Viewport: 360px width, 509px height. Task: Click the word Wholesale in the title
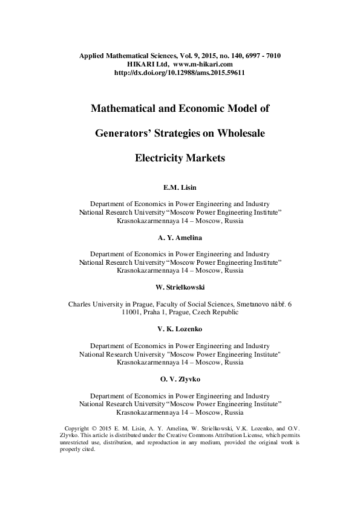coord(235,134)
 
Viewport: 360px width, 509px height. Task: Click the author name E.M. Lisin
coord(180,188)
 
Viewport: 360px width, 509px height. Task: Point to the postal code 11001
coord(131,313)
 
